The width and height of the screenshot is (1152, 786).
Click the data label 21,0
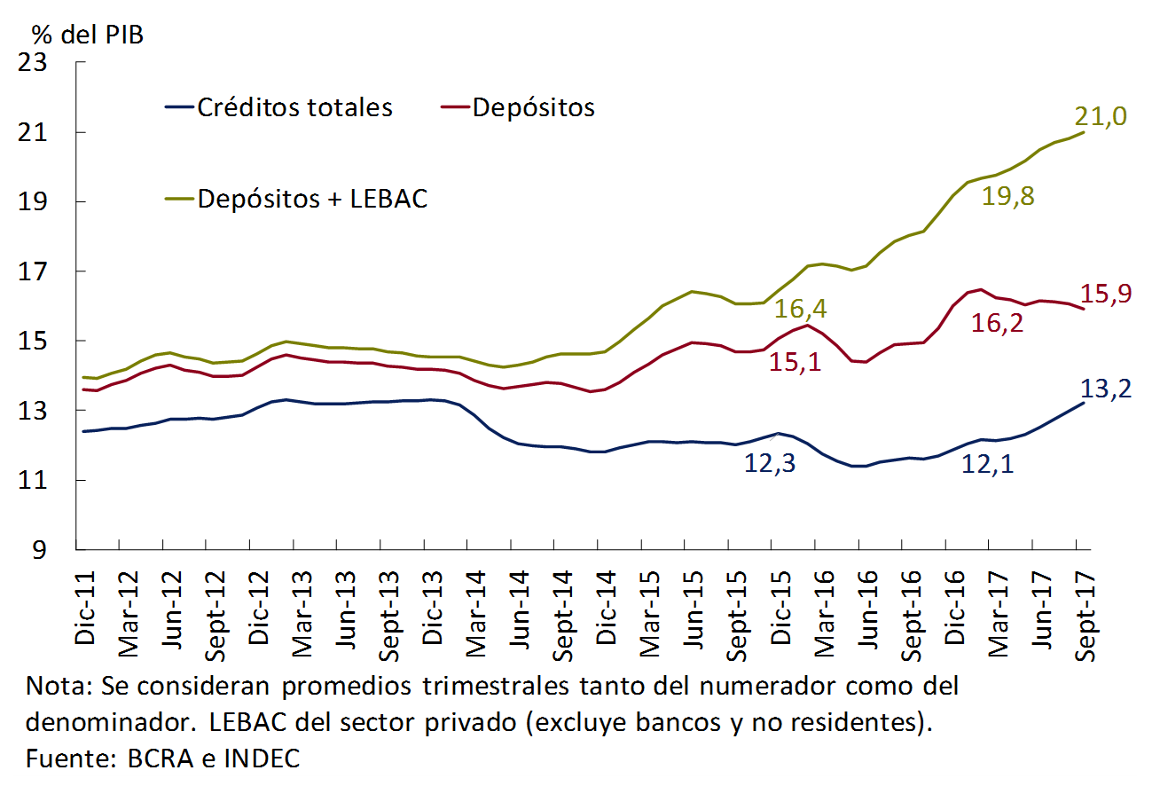[1101, 116]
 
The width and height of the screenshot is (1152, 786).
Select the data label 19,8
[1008, 196]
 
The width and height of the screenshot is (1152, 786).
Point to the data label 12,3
[771, 462]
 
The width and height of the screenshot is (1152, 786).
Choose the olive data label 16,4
[801, 309]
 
